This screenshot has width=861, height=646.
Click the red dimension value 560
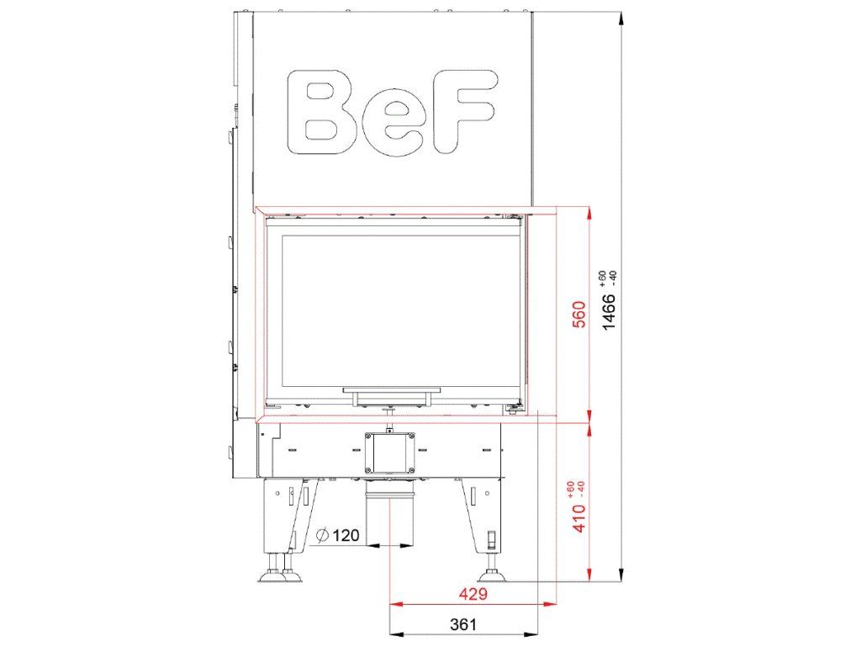pos(580,315)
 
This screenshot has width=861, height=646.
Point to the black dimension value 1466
pos(609,311)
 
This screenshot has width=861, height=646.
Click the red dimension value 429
pos(473,594)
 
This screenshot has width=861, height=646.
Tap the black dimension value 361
pos(463,625)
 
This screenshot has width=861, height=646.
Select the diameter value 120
pos(346,535)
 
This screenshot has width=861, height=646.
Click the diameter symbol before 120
pos(323,535)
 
